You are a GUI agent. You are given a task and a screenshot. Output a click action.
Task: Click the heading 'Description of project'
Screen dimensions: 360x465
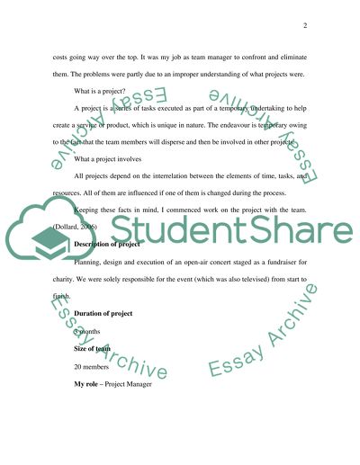tap(106, 269)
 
